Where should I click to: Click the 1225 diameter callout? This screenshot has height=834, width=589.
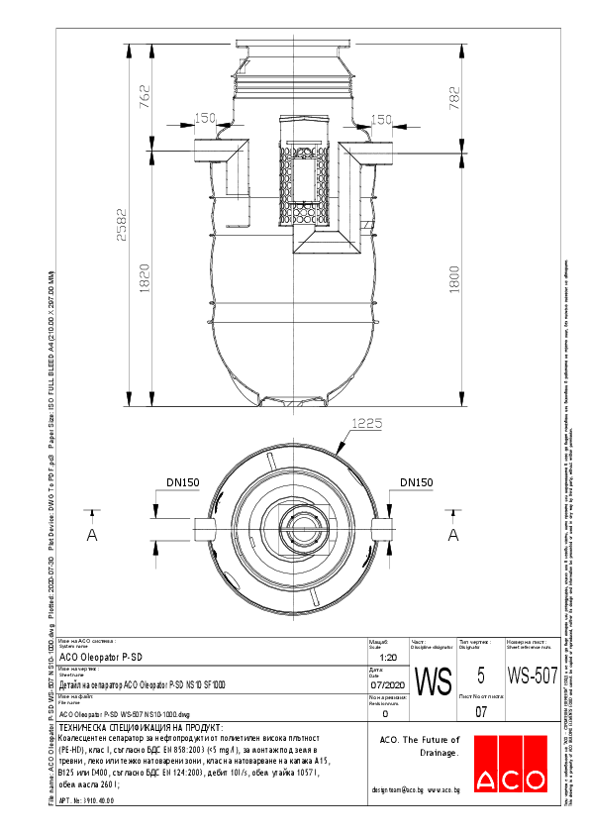click(365, 423)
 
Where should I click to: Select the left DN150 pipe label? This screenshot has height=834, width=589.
click(183, 483)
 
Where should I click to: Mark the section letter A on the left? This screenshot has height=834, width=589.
click(92, 535)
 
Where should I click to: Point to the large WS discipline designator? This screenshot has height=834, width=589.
click(433, 682)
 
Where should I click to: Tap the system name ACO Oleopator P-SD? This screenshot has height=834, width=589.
click(102, 658)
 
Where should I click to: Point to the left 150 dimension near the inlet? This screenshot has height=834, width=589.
click(204, 120)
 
